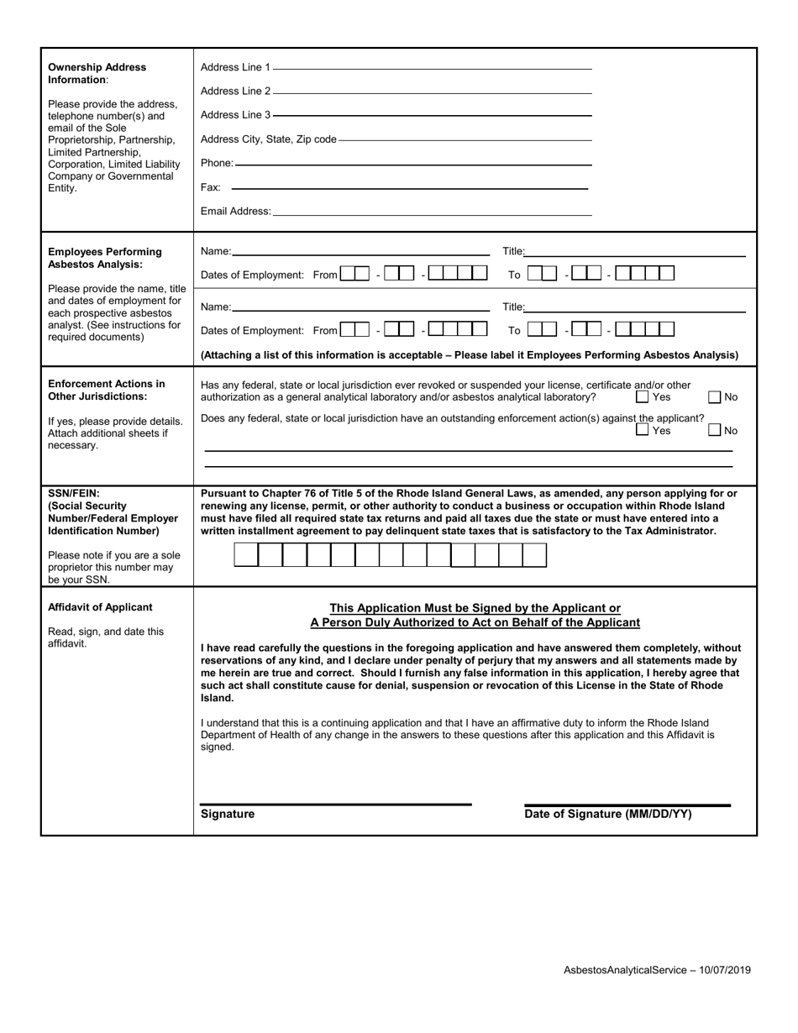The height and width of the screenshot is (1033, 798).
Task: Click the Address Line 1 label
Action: (x=235, y=67)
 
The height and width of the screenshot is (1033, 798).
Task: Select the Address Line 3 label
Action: (x=235, y=115)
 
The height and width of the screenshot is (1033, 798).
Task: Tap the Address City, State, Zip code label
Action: (x=268, y=139)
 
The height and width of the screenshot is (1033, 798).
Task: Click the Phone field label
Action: (x=217, y=163)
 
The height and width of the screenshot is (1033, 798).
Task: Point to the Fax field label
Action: (x=210, y=187)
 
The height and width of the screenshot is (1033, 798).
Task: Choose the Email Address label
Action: (x=235, y=212)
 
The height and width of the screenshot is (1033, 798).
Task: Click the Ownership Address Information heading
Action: (x=97, y=73)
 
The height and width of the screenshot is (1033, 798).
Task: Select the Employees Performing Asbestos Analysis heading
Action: (x=104, y=258)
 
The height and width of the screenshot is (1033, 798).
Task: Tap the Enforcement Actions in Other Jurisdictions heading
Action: (x=106, y=390)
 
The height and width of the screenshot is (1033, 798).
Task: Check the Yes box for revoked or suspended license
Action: (x=643, y=396)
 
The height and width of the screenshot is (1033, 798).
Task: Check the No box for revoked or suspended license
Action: (x=715, y=396)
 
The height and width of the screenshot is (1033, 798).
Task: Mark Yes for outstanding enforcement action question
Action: (x=643, y=430)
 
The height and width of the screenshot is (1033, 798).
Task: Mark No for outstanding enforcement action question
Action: (x=715, y=430)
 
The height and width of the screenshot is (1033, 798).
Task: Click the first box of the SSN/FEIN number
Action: (x=246, y=555)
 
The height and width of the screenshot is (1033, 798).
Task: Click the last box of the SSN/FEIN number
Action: (x=534, y=555)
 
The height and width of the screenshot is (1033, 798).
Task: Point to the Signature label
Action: (x=228, y=814)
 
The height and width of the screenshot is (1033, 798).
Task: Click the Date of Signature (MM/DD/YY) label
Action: (x=608, y=814)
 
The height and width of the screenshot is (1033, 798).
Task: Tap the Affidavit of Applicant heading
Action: (x=100, y=607)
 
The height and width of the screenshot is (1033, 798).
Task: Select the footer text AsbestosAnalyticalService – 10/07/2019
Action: (x=657, y=970)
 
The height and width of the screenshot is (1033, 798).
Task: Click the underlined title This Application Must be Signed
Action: (x=475, y=608)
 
